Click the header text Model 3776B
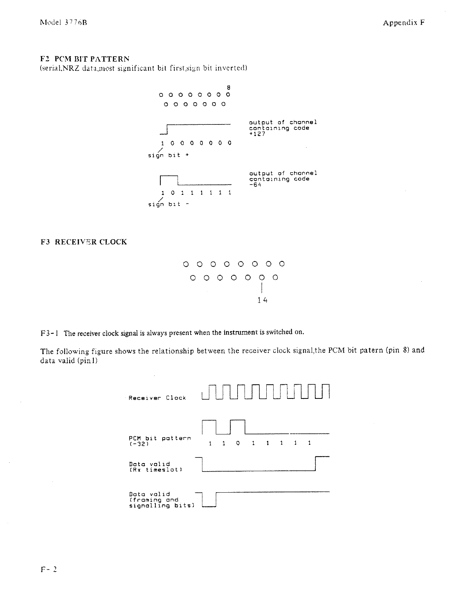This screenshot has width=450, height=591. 64,22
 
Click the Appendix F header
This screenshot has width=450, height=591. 404,22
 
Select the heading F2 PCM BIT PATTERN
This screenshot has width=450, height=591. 85,59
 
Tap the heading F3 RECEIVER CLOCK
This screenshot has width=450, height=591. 83,242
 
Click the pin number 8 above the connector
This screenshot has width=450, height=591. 228,87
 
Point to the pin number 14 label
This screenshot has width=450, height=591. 262,300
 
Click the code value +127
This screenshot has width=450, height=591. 257,134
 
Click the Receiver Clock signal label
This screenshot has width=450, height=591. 157,398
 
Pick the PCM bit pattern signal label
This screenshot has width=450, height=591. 160,438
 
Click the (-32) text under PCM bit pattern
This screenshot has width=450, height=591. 139,444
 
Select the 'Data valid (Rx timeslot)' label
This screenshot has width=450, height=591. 155,467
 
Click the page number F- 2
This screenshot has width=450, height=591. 48,569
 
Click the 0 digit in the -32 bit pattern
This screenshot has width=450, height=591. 238,443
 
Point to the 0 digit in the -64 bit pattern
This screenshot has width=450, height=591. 172,193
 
